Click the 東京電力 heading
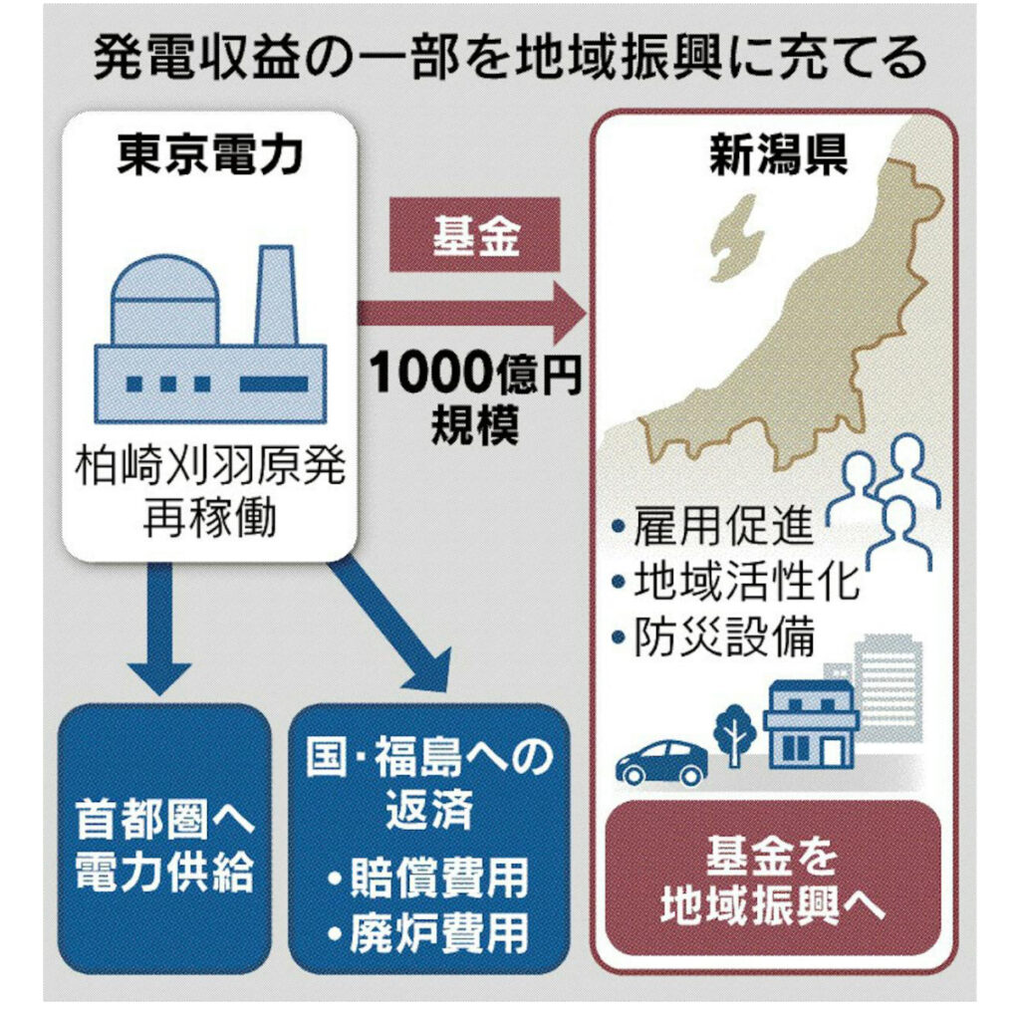tap(209, 158)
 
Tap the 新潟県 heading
tap(777, 158)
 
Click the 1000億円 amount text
tap(476, 378)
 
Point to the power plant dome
tap(164, 299)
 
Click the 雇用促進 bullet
tap(712, 526)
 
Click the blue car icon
tap(661, 762)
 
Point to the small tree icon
tap(735, 732)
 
